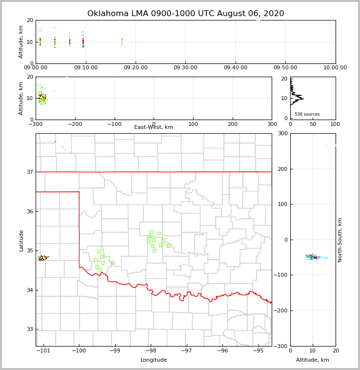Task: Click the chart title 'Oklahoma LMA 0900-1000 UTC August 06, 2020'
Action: click(x=185, y=14)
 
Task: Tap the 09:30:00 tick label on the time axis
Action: click(x=185, y=68)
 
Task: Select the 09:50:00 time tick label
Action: click(x=285, y=68)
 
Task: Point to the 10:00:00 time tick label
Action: click(x=335, y=68)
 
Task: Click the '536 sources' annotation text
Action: click(x=307, y=114)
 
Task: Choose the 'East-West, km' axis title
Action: click(x=154, y=127)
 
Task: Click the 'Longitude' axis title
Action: click(x=154, y=360)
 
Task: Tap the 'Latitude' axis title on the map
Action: click(x=21, y=240)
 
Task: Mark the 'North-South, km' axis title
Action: click(x=340, y=240)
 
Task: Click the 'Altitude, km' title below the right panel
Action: click(x=313, y=360)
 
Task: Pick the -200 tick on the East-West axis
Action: click(x=75, y=124)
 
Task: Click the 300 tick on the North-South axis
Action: click(x=282, y=134)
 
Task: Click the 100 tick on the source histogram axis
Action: click(x=335, y=124)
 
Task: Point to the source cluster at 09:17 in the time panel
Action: click(x=122, y=42)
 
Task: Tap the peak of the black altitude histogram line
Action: click(x=303, y=99)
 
